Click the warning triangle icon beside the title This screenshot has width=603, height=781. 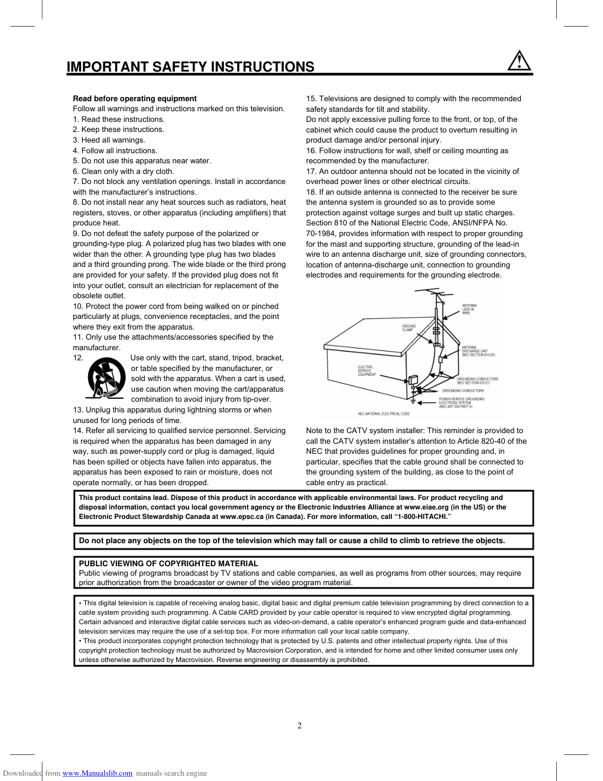point(519,62)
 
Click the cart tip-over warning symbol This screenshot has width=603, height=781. point(106,378)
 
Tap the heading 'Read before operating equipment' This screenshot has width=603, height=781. point(135,99)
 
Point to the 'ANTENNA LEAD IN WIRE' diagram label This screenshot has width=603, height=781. point(469,309)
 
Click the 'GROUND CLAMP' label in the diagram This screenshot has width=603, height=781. point(409,328)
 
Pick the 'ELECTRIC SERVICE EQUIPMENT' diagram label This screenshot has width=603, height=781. point(367,371)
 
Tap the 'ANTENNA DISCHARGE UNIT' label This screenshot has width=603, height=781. point(478,351)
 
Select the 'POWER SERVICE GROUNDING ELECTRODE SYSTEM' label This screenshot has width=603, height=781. point(461,403)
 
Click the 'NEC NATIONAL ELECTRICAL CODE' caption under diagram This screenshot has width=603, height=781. point(384,414)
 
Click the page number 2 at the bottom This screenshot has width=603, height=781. point(300,726)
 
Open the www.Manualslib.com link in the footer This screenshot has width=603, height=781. point(98,773)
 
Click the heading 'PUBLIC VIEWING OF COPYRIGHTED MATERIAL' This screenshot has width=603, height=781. point(168,564)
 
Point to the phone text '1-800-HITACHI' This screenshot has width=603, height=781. point(422,517)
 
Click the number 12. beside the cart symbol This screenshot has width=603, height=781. point(78,358)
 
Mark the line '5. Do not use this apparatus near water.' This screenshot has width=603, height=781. point(142,161)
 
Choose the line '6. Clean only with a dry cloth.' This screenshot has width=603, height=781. point(124,172)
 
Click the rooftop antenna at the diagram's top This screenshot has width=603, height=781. point(437,293)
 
